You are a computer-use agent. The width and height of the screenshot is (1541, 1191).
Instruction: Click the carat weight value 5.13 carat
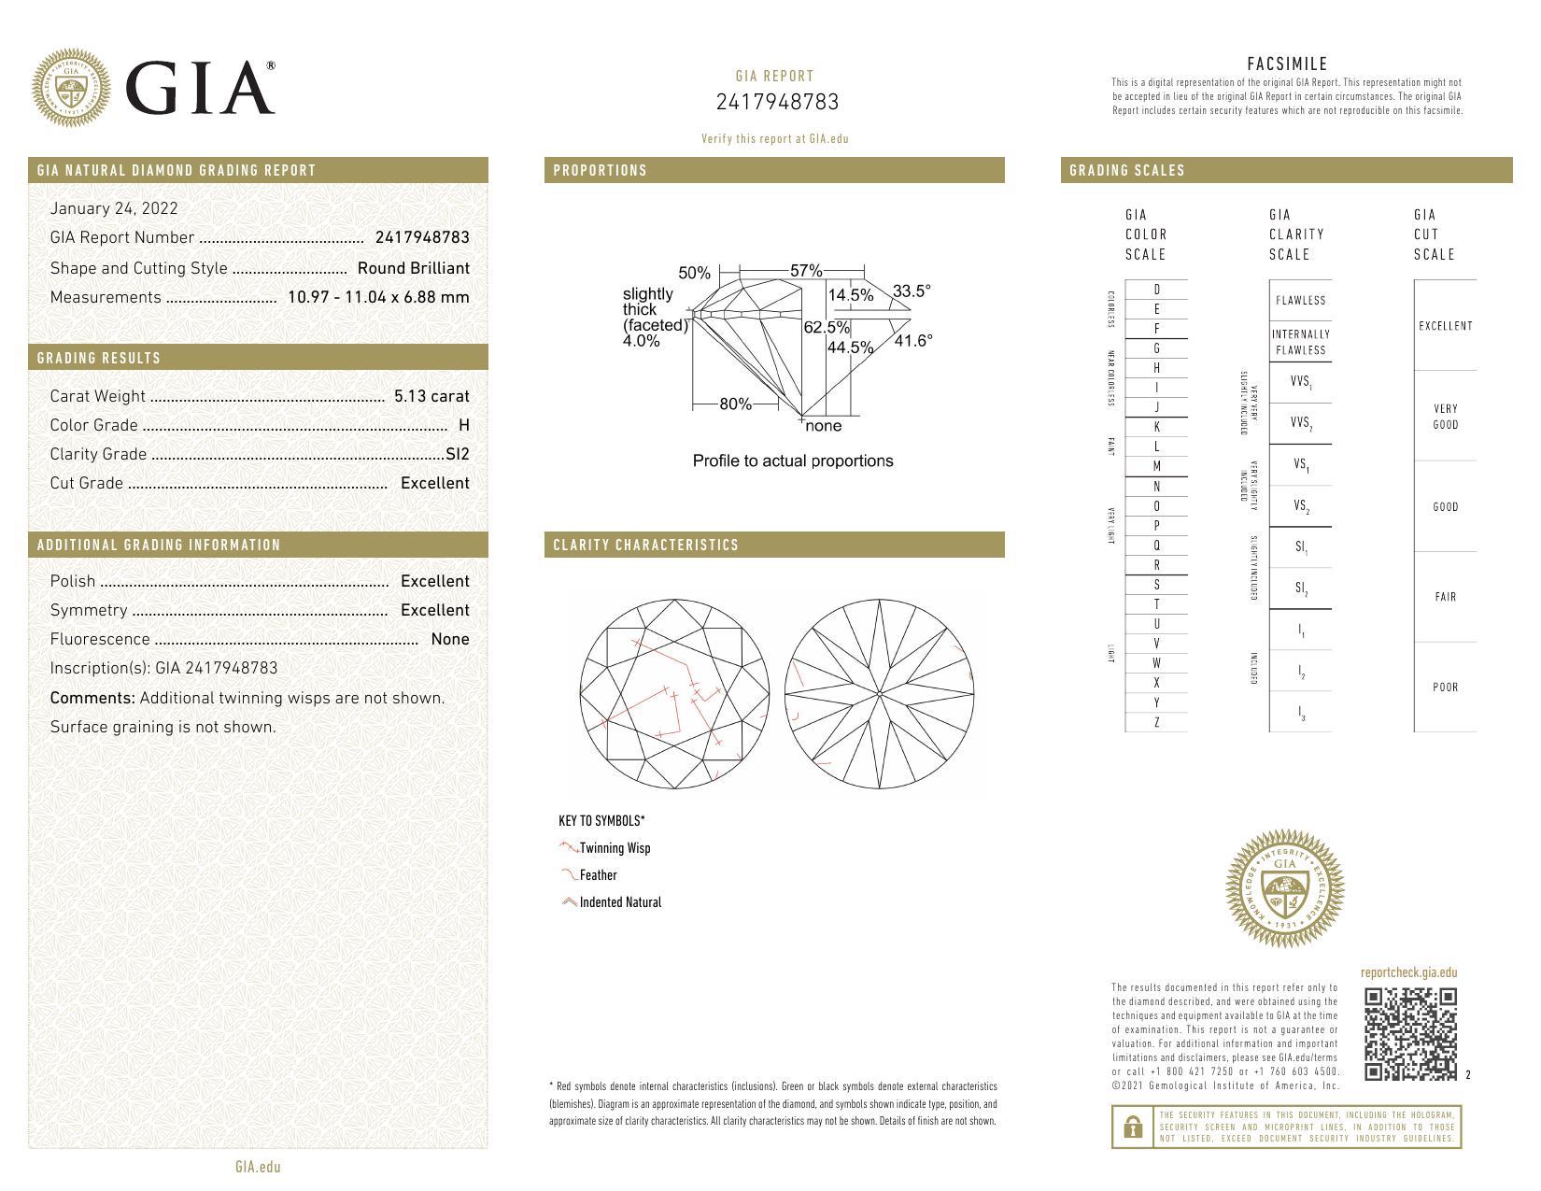click(x=431, y=396)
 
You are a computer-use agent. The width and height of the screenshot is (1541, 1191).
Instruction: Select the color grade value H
click(x=464, y=425)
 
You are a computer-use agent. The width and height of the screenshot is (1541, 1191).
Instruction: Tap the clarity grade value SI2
click(x=458, y=454)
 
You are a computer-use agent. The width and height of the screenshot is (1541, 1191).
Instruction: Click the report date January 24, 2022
click(x=114, y=208)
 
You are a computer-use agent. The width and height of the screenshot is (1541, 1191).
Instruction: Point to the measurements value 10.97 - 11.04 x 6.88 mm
click(x=378, y=297)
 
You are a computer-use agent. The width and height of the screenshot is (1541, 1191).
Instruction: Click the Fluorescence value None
click(x=450, y=639)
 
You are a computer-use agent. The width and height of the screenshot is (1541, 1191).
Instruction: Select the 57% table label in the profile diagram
click(x=806, y=271)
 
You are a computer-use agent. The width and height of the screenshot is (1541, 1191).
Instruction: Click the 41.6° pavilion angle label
click(x=912, y=341)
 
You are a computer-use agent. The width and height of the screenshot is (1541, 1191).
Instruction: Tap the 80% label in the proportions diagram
click(x=735, y=404)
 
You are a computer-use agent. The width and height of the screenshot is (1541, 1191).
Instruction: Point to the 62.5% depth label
click(x=827, y=328)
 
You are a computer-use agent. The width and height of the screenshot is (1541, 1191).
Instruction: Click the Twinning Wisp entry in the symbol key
click(x=614, y=848)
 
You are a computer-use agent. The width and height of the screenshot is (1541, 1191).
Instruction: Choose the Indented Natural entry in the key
click(x=619, y=902)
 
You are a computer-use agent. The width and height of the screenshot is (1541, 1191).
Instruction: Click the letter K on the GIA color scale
click(x=1156, y=427)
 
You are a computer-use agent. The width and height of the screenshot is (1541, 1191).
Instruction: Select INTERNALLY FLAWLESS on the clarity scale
click(x=1300, y=342)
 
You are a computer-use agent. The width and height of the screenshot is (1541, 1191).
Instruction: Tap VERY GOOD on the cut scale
click(x=1445, y=417)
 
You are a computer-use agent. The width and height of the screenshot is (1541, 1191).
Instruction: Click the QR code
click(x=1410, y=1033)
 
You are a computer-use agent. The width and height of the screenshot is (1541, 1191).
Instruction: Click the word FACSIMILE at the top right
click(x=1287, y=64)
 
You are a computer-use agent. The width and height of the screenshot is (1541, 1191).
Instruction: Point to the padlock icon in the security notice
click(x=1133, y=1127)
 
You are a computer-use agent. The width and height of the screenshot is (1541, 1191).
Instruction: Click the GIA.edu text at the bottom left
click(x=258, y=1167)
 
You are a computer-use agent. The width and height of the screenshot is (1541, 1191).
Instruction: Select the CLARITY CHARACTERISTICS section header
click(x=645, y=545)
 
